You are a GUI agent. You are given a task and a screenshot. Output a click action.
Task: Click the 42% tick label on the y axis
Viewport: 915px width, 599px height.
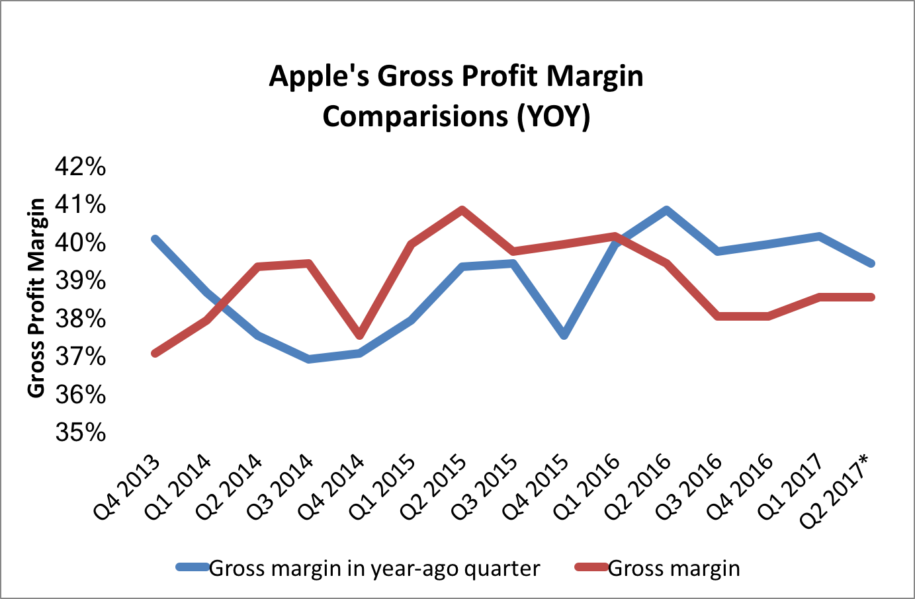pyautogui.click(x=80, y=167)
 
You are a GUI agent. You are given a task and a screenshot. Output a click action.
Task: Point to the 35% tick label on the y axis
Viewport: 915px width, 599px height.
pyautogui.click(x=80, y=433)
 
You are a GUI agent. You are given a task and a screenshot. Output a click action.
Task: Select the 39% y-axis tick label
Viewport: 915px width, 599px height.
pyautogui.click(x=80, y=281)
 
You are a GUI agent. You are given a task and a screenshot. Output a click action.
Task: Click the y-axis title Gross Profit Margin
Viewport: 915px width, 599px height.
pyautogui.click(x=36, y=298)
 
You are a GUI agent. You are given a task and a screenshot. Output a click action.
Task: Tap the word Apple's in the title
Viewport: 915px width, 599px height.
pyautogui.click(x=319, y=77)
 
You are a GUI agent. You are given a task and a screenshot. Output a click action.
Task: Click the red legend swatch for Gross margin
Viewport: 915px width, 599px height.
pyautogui.click(x=591, y=567)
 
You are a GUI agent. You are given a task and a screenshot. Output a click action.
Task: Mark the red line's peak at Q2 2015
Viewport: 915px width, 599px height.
pyautogui.click(x=462, y=210)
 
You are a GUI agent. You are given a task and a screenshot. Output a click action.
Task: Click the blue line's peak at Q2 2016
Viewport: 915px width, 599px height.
pyautogui.click(x=667, y=210)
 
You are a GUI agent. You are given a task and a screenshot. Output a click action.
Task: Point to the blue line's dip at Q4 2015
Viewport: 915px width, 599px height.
pyautogui.click(x=564, y=336)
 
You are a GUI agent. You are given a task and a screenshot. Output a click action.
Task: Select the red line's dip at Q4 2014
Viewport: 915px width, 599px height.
pyautogui.click(x=360, y=336)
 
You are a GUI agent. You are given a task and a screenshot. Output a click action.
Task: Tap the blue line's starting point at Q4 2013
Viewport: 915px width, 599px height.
pyautogui.click(x=155, y=239)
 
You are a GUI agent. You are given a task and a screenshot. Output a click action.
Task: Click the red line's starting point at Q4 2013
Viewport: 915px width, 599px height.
pyautogui.click(x=155, y=354)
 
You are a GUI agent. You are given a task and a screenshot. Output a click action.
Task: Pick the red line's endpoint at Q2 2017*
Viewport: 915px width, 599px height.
pyautogui.click(x=871, y=297)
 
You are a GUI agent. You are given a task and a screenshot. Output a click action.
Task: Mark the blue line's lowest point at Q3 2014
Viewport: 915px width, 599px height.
pyautogui.click(x=309, y=359)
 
